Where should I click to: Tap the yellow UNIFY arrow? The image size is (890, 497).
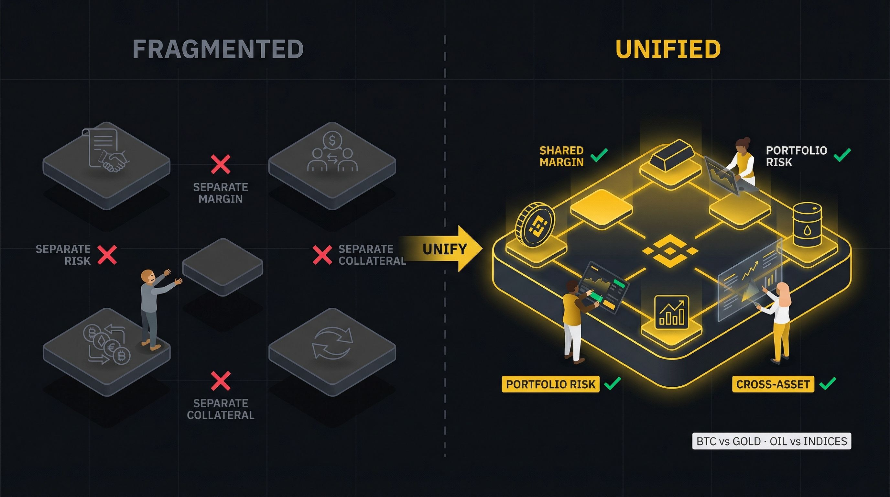(x=446, y=249)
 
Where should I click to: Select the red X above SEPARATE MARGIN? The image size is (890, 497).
(x=221, y=164)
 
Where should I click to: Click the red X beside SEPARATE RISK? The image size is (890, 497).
(x=107, y=255)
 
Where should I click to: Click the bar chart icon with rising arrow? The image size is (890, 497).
(x=672, y=313)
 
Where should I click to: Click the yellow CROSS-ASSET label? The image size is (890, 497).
(x=773, y=384)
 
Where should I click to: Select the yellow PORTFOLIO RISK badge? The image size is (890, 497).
(x=550, y=384)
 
